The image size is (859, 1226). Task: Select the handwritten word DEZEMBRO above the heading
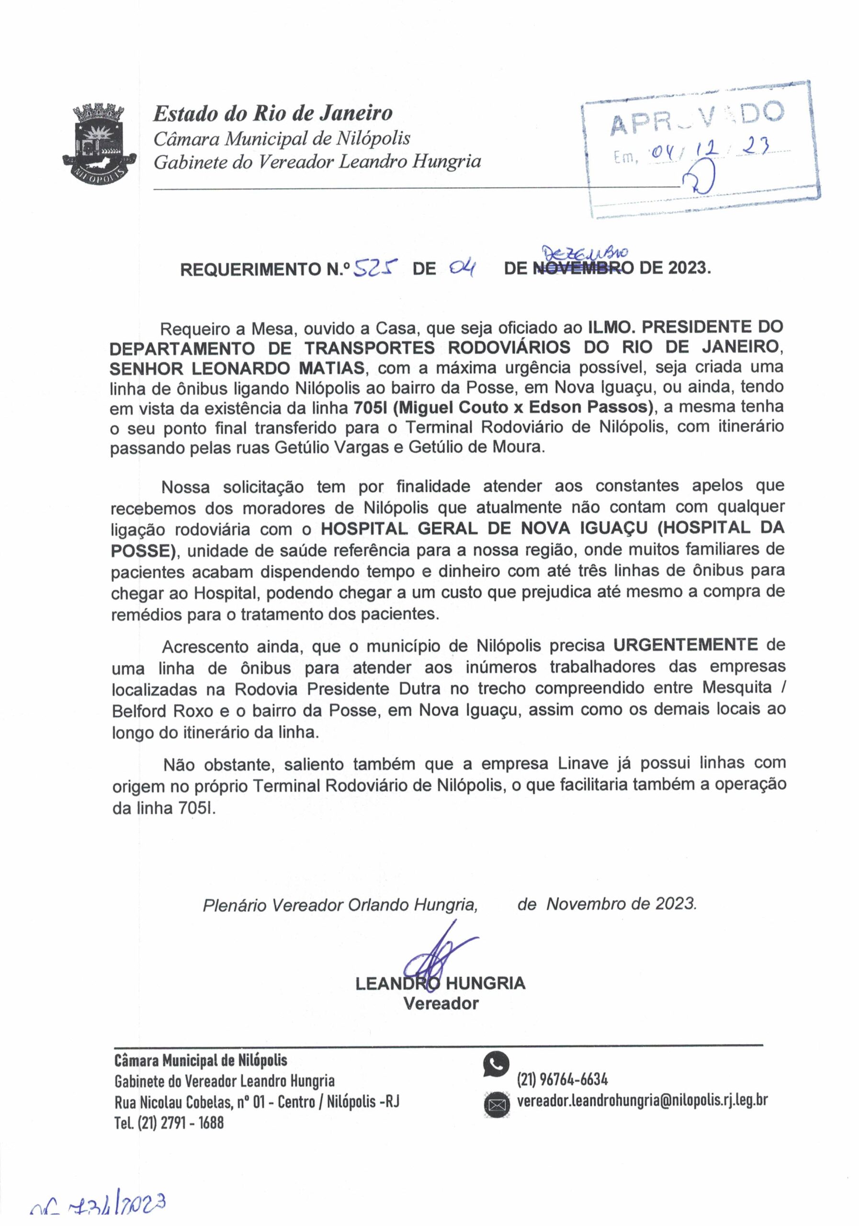[x=586, y=251]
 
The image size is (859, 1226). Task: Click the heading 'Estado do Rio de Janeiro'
[x=273, y=113]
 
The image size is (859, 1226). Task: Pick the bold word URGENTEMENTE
[x=685, y=645]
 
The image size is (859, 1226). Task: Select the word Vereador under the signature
[x=441, y=1003]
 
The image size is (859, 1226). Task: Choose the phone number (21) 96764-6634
[x=562, y=1079]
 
